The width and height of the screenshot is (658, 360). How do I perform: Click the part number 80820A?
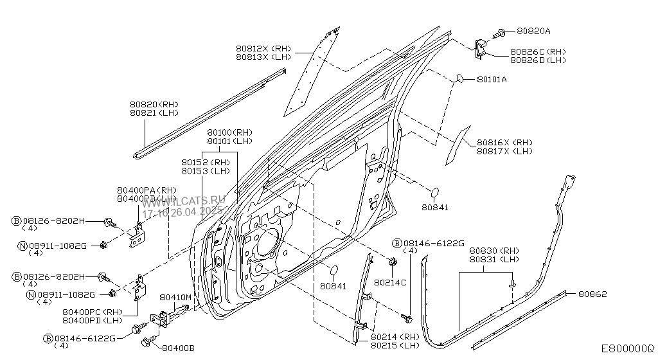point(533,31)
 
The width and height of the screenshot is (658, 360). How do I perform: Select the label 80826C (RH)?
point(537,51)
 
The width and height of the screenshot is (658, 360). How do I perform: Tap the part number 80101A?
point(492,80)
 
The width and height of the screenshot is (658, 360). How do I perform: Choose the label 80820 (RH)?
point(154,104)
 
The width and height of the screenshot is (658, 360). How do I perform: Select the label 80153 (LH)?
point(206,171)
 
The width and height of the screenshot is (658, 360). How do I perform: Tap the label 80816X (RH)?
point(504,143)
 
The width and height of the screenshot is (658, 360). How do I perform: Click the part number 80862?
point(592,294)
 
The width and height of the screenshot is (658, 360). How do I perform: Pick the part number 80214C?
point(390,282)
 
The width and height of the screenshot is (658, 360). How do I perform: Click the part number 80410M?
point(175,297)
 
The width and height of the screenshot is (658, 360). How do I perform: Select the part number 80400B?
point(177,348)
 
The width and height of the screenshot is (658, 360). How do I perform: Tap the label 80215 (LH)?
point(394,346)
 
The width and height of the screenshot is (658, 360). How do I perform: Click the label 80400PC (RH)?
point(92,312)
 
